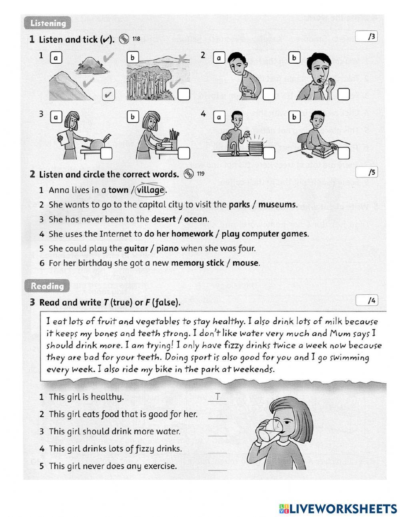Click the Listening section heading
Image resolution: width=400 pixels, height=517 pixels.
coord(48,23)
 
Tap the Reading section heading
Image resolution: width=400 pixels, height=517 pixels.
coord(47,286)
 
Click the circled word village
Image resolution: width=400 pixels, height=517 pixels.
coord(150,190)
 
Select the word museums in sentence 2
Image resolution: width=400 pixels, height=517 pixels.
coord(277,205)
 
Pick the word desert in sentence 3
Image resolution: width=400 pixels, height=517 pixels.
coord(163,219)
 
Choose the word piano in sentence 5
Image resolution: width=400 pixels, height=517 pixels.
coord(167,248)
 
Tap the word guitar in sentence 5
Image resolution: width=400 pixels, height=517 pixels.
coord(136,248)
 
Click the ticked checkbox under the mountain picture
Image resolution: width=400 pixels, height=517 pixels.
coord(108,95)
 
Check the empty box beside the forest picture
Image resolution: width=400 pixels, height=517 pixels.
coord(184,95)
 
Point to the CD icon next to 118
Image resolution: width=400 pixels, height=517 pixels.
coord(124,39)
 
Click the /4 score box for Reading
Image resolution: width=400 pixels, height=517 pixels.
coord(366,300)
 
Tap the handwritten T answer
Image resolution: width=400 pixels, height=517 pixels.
coord(217,396)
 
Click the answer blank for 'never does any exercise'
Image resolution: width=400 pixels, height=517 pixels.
coord(217,467)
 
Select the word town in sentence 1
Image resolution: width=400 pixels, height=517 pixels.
coord(118,190)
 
